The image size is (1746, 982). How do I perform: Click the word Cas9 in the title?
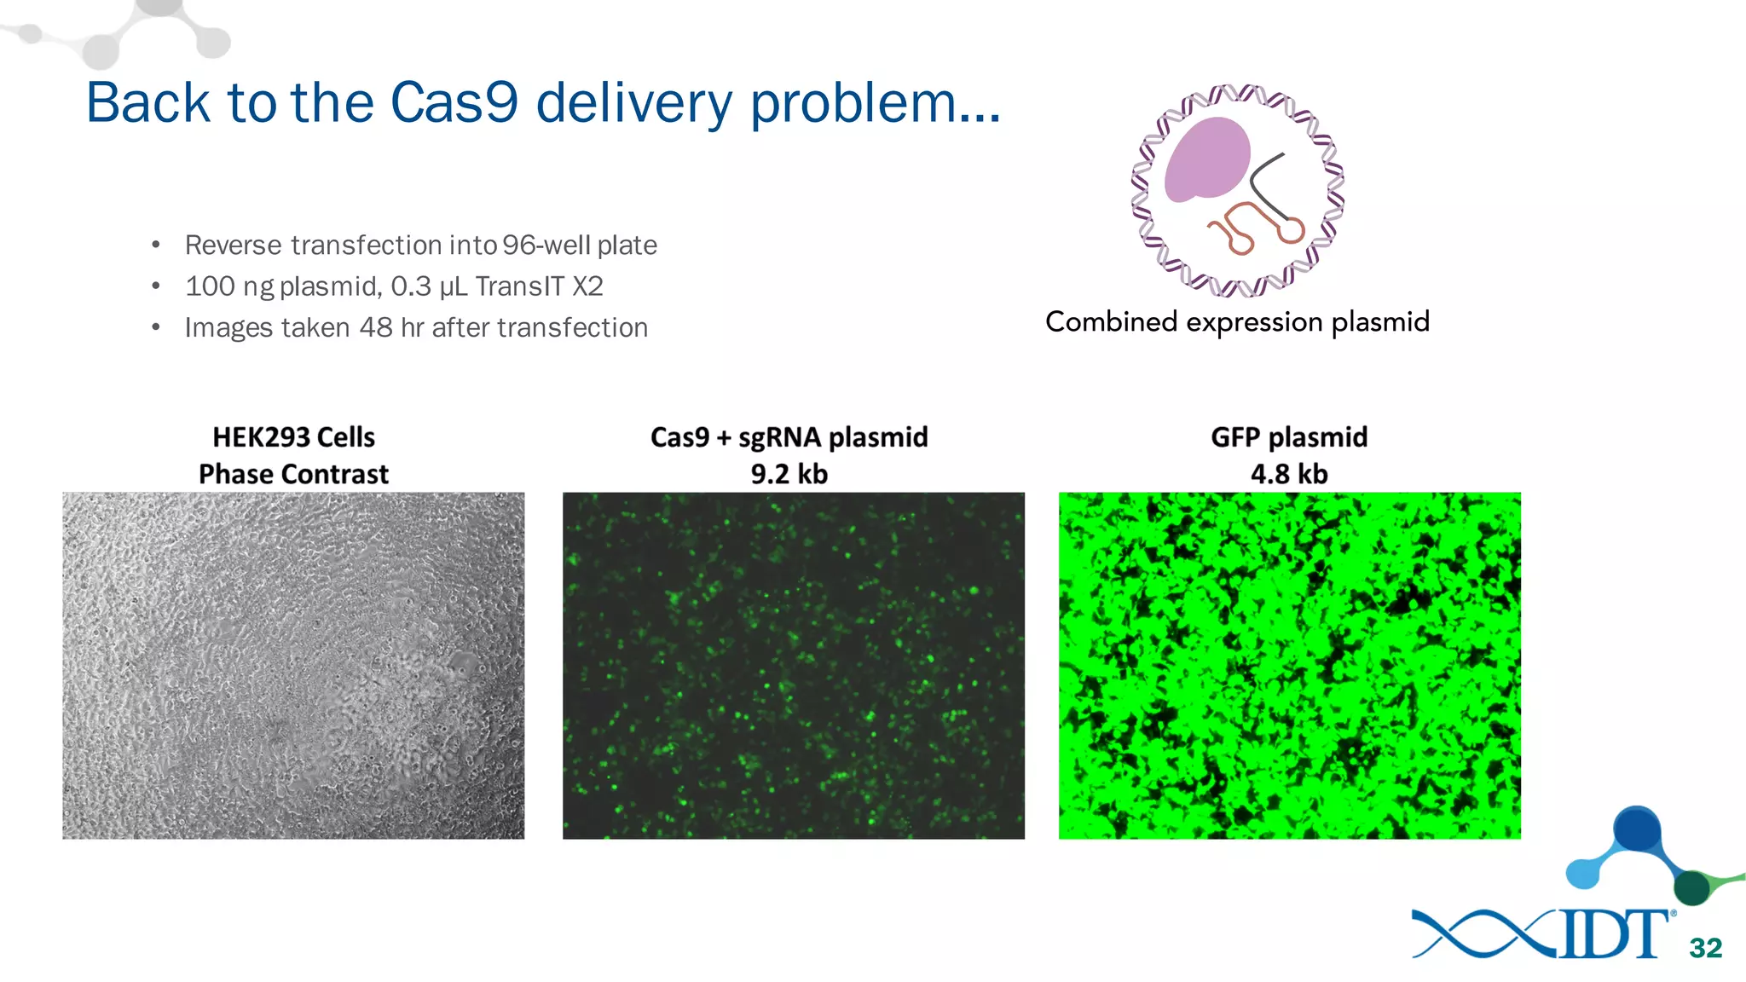[x=454, y=103]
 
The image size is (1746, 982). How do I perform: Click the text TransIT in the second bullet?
[x=520, y=286]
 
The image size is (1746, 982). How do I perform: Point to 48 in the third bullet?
[x=375, y=328]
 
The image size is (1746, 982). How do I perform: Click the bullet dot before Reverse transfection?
[x=155, y=246]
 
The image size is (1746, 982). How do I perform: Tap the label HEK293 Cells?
[x=293, y=437]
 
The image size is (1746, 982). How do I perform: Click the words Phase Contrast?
[x=293, y=474]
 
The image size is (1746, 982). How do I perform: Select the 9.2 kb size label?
[x=789, y=474]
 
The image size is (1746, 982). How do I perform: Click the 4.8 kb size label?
[x=1288, y=474]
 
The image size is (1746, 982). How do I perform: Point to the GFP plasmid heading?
[x=1288, y=437]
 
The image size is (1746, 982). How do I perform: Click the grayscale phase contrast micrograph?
[x=293, y=666]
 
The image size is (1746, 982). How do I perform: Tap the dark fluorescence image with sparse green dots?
[x=793, y=666]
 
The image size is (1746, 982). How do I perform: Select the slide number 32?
[x=1705, y=948]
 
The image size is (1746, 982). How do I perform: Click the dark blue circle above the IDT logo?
[x=1636, y=829]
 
